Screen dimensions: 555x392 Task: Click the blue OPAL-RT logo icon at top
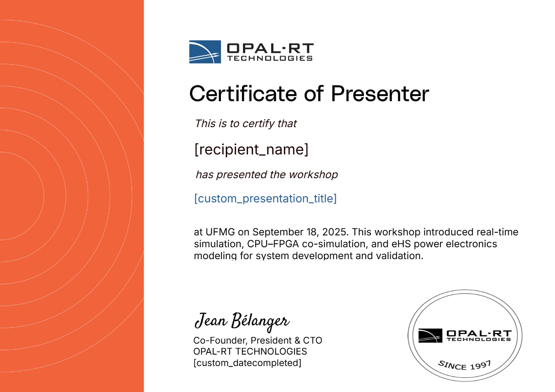click(x=205, y=52)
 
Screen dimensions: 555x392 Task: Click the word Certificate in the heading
click(x=243, y=94)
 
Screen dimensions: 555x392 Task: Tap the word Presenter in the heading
click(x=380, y=94)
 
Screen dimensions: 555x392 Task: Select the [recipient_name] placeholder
click(x=251, y=149)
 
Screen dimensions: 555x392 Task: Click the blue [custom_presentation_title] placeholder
click(x=265, y=198)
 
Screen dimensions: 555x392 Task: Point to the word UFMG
click(x=220, y=232)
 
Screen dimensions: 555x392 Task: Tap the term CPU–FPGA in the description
click(x=273, y=244)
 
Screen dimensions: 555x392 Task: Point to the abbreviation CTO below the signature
click(x=312, y=341)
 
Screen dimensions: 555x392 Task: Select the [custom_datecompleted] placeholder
click(x=247, y=363)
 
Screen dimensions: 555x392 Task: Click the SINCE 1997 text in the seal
click(x=465, y=365)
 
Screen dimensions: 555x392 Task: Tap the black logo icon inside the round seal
click(x=430, y=336)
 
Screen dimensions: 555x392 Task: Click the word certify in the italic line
click(x=258, y=124)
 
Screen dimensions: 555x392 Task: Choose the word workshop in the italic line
click(x=313, y=175)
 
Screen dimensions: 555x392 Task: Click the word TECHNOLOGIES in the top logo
click(x=270, y=58)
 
